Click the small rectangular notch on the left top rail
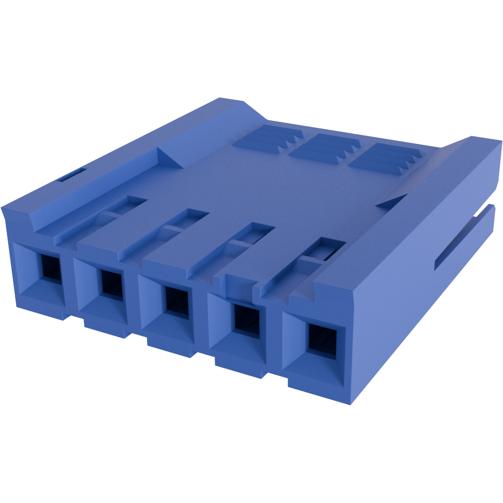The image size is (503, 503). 71,174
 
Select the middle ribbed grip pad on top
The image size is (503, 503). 325,150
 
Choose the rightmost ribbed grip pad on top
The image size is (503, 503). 387,159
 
